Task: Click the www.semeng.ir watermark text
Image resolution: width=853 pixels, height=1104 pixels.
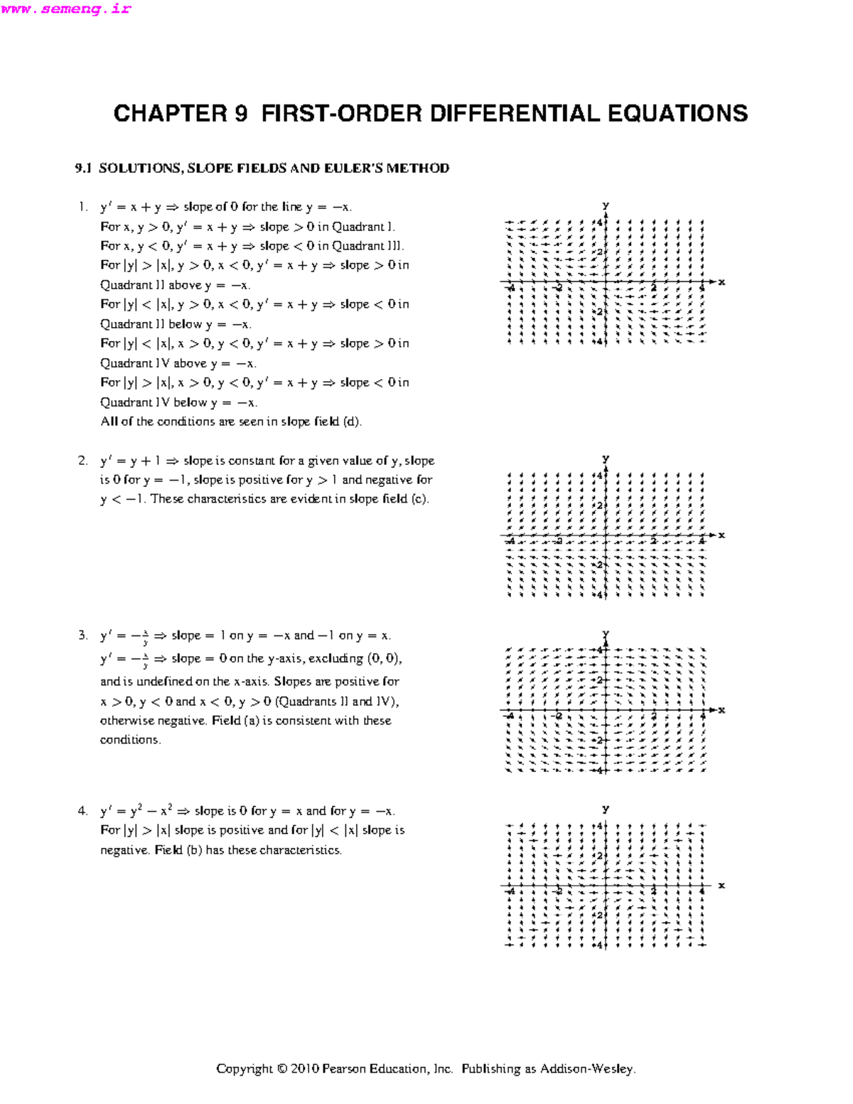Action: click(66, 9)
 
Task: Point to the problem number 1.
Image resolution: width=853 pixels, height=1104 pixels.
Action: click(82, 207)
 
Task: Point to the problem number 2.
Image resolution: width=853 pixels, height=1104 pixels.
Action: click(82, 461)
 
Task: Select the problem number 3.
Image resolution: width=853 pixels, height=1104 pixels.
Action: click(82, 636)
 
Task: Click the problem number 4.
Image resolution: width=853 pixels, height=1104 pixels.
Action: click(82, 811)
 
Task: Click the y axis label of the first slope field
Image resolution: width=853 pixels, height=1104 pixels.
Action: click(606, 205)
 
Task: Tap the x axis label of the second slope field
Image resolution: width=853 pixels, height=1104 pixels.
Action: click(721, 535)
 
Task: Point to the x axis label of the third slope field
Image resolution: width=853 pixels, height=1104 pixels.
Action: click(721, 710)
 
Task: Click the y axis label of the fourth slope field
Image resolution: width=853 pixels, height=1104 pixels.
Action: click(606, 809)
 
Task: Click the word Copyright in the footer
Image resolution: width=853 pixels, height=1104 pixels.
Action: click(244, 1069)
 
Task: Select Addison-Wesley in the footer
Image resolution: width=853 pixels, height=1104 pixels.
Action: click(587, 1069)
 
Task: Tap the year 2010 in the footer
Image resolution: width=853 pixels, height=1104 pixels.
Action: click(304, 1069)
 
